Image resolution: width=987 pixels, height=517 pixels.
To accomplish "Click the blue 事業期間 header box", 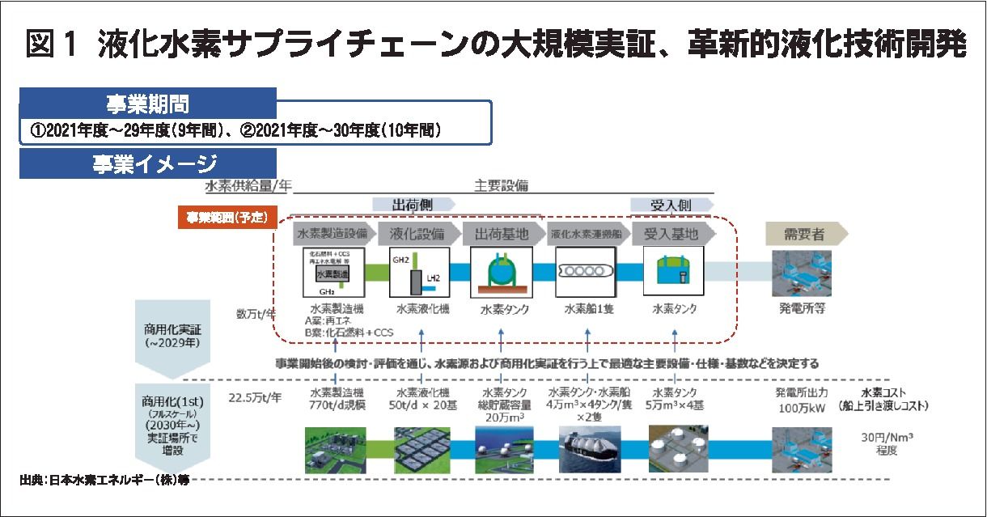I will (x=148, y=104).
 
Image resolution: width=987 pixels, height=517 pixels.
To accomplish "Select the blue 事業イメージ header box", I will (x=148, y=163).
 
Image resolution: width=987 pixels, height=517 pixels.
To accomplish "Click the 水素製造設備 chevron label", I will (x=333, y=234).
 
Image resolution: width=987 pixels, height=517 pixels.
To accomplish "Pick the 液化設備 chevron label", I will (x=416, y=234).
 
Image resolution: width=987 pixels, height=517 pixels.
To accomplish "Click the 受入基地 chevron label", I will (x=671, y=234).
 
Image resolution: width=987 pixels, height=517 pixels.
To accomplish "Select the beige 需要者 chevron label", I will (x=804, y=234).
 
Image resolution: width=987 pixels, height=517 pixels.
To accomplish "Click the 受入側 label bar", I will (x=672, y=205).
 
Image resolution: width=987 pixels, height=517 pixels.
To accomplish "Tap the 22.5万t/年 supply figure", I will (x=255, y=396).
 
